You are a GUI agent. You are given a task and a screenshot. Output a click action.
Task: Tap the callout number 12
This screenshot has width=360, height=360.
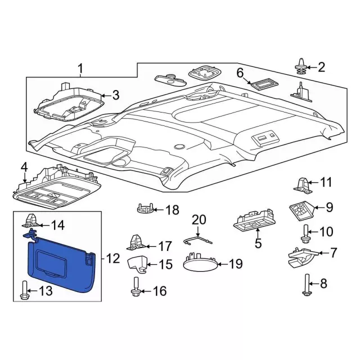coord(113,259)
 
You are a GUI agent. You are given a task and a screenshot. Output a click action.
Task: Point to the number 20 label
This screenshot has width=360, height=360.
coord(200,219)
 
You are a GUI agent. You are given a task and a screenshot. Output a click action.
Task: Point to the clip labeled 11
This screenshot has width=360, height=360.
coord(301,183)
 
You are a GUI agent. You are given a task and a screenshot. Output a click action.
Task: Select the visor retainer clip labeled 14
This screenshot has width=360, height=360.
coord(31,222)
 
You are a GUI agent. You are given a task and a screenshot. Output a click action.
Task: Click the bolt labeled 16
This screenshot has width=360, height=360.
coord(136,287)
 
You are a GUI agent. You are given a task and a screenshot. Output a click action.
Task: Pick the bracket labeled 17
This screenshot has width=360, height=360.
coord(136,242)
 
